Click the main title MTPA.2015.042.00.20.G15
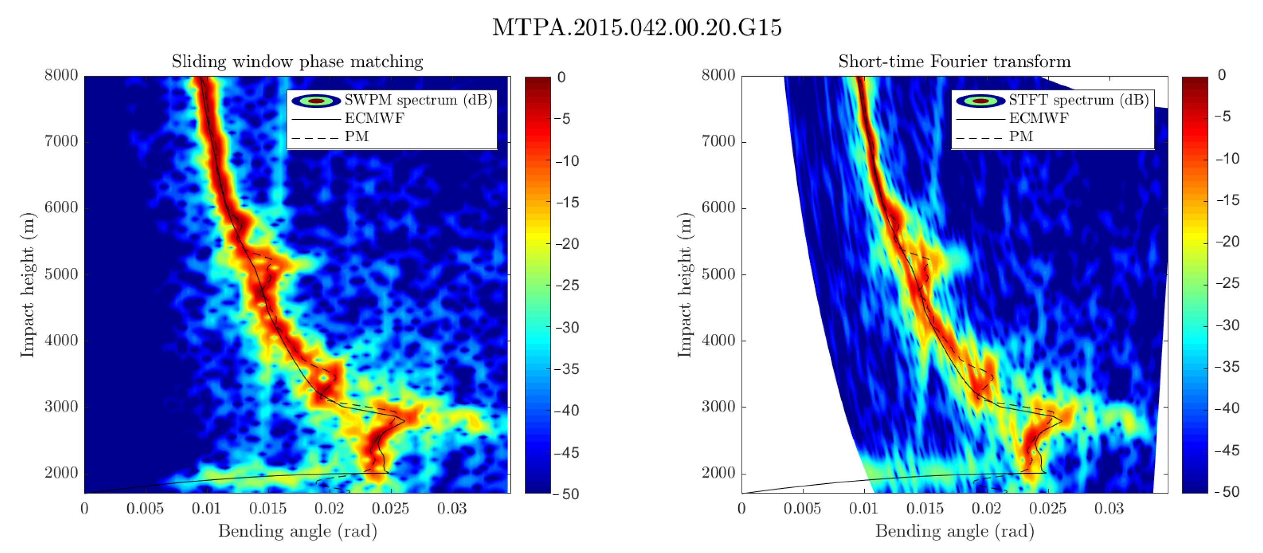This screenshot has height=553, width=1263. pyautogui.click(x=636, y=27)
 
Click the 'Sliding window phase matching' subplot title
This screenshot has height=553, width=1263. pyautogui.click(x=297, y=62)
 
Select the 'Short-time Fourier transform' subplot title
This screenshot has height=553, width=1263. pyautogui.click(x=954, y=62)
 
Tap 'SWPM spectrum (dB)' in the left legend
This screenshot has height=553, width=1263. pyautogui.click(x=418, y=100)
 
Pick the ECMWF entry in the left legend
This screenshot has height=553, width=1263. pyautogui.click(x=374, y=118)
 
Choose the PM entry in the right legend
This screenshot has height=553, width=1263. pyautogui.click(x=1021, y=136)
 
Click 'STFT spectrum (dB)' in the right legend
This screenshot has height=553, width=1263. pyautogui.click(x=1078, y=100)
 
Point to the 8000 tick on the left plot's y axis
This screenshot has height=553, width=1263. pyautogui.click(x=61, y=75)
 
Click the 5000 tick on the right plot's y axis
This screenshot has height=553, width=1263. pyautogui.click(x=718, y=274)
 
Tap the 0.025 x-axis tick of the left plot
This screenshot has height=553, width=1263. pyautogui.click(x=390, y=508)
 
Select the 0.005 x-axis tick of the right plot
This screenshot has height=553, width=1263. pyautogui.click(x=802, y=508)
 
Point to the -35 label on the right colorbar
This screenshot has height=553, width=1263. pyautogui.click(x=1227, y=367)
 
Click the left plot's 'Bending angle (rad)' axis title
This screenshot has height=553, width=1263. pyautogui.click(x=298, y=532)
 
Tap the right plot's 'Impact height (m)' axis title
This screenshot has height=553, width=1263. pyautogui.click(x=685, y=285)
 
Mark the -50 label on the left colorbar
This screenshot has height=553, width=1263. pyautogui.click(x=567, y=494)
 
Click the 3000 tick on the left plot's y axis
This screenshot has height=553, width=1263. pyautogui.click(x=61, y=406)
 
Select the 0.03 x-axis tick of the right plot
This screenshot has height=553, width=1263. pyautogui.click(x=1109, y=508)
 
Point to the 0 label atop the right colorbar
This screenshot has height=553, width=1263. pyautogui.click(x=1222, y=75)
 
